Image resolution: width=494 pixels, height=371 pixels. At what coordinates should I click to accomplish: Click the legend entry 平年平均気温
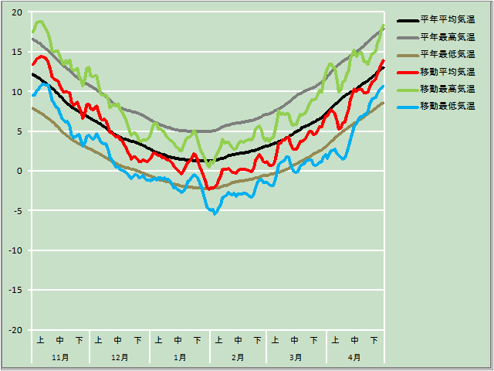(447, 20)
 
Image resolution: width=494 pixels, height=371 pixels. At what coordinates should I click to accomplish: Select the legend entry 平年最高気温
(447, 37)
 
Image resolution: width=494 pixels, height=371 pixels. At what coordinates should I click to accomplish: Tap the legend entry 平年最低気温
(447, 54)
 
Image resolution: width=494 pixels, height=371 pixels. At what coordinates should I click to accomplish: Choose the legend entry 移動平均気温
(447, 71)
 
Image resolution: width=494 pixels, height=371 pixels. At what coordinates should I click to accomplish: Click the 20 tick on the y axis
(17, 12)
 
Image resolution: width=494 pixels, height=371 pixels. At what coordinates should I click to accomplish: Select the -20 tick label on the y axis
(15, 330)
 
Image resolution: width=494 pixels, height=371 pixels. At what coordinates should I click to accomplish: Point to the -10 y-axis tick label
(15, 250)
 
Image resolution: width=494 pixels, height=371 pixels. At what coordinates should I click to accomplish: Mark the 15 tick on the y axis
(17, 52)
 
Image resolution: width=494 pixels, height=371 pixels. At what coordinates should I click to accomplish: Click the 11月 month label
(60, 358)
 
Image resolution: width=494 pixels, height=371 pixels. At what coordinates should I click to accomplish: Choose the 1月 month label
(179, 358)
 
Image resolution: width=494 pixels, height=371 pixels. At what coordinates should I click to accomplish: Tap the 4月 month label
(354, 358)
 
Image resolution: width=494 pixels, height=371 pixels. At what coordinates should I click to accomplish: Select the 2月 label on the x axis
(238, 358)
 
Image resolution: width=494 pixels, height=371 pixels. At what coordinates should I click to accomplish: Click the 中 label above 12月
(118, 340)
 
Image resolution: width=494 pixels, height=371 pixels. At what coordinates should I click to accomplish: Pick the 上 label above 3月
(276, 340)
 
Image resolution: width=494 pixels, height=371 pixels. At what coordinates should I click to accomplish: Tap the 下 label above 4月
(374, 340)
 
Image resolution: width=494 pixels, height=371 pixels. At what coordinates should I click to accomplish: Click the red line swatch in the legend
(406, 71)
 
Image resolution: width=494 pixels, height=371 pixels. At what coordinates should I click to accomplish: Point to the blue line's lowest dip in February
(215, 213)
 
